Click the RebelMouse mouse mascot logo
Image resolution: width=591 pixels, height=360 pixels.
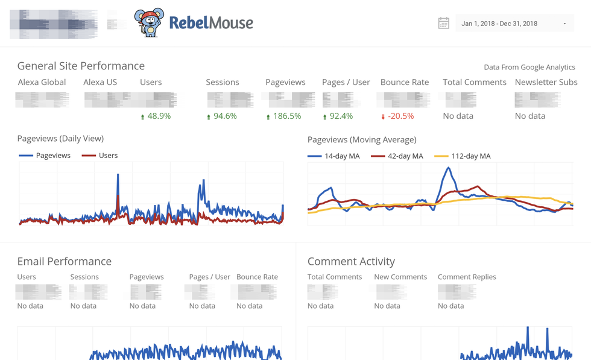pos(148,23)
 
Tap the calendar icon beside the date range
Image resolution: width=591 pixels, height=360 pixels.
pos(443,24)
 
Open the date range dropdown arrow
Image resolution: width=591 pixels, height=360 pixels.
pos(564,24)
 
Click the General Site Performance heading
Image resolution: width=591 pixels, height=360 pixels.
pos(81,66)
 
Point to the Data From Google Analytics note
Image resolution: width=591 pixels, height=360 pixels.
pos(529,67)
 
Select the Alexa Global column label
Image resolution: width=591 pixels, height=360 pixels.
pos(42,82)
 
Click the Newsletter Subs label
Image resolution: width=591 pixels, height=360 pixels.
pos(546,82)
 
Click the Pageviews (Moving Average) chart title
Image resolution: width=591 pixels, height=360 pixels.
pos(362,139)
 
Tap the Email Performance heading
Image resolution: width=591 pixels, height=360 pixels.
pos(64,261)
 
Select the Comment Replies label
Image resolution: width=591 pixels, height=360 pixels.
pos(467,277)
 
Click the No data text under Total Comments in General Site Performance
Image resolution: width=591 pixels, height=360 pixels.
pos(458,116)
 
